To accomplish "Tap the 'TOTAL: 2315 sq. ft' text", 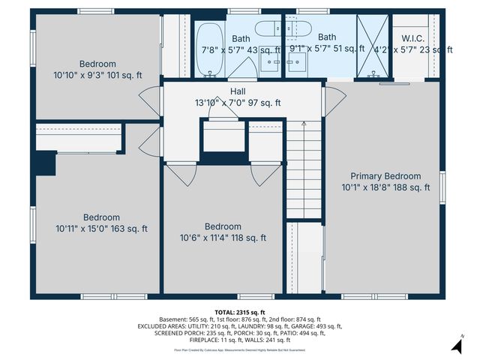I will pos(240,312).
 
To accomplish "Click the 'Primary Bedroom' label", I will pos(386,176).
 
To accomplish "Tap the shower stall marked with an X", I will pos(372,45).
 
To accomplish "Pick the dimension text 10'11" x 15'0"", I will pos(101,229).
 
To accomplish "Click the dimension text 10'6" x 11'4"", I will pos(223,238).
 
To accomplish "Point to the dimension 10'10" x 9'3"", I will pos(97,76).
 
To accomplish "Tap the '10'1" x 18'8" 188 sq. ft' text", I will pos(386,187).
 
